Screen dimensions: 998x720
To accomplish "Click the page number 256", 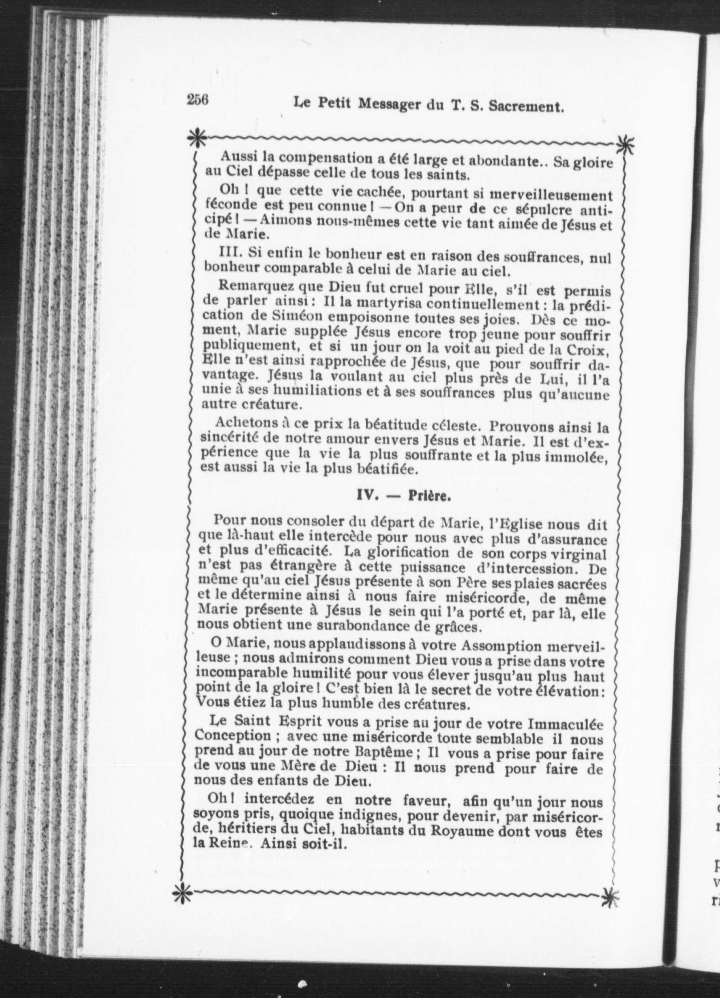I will (x=197, y=101).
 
